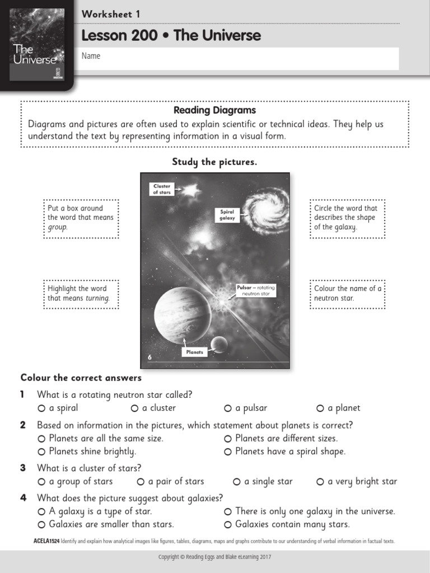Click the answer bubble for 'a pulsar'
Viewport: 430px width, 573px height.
pyautogui.click(x=228, y=408)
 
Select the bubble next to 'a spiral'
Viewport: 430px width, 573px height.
pyautogui.click(x=41, y=408)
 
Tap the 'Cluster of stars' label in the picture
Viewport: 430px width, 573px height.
pyautogui.click(x=162, y=189)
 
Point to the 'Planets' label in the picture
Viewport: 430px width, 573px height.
pyautogui.click(x=195, y=352)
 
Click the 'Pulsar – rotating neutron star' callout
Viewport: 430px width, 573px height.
pyautogui.click(x=255, y=290)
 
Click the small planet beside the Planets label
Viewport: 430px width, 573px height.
pyautogui.click(x=219, y=345)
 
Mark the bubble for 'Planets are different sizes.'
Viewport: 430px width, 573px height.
pyautogui.click(x=228, y=439)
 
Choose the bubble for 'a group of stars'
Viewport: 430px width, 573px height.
pyautogui.click(x=41, y=482)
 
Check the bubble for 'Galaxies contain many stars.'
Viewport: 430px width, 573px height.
pyautogui.click(x=228, y=525)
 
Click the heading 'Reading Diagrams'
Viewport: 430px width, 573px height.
pyautogui.click(x=214, y=110)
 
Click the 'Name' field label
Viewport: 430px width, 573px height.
pyautogui.click(x=91, y=56)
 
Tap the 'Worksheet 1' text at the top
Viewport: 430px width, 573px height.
pyautogui.click(x=111, y=14)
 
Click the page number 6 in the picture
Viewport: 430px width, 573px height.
pyautogui.click(x=149, y=357)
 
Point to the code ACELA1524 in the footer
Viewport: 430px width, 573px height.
pyautogui.click(x=46, y=541)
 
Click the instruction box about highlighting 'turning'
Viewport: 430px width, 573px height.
pyautogui.click(x=81, y=293)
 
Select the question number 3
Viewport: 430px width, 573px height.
pyautogui.click(x=23, y=468)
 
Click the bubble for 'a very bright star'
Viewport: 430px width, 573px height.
pyautogui.click(x=320, y=482)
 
